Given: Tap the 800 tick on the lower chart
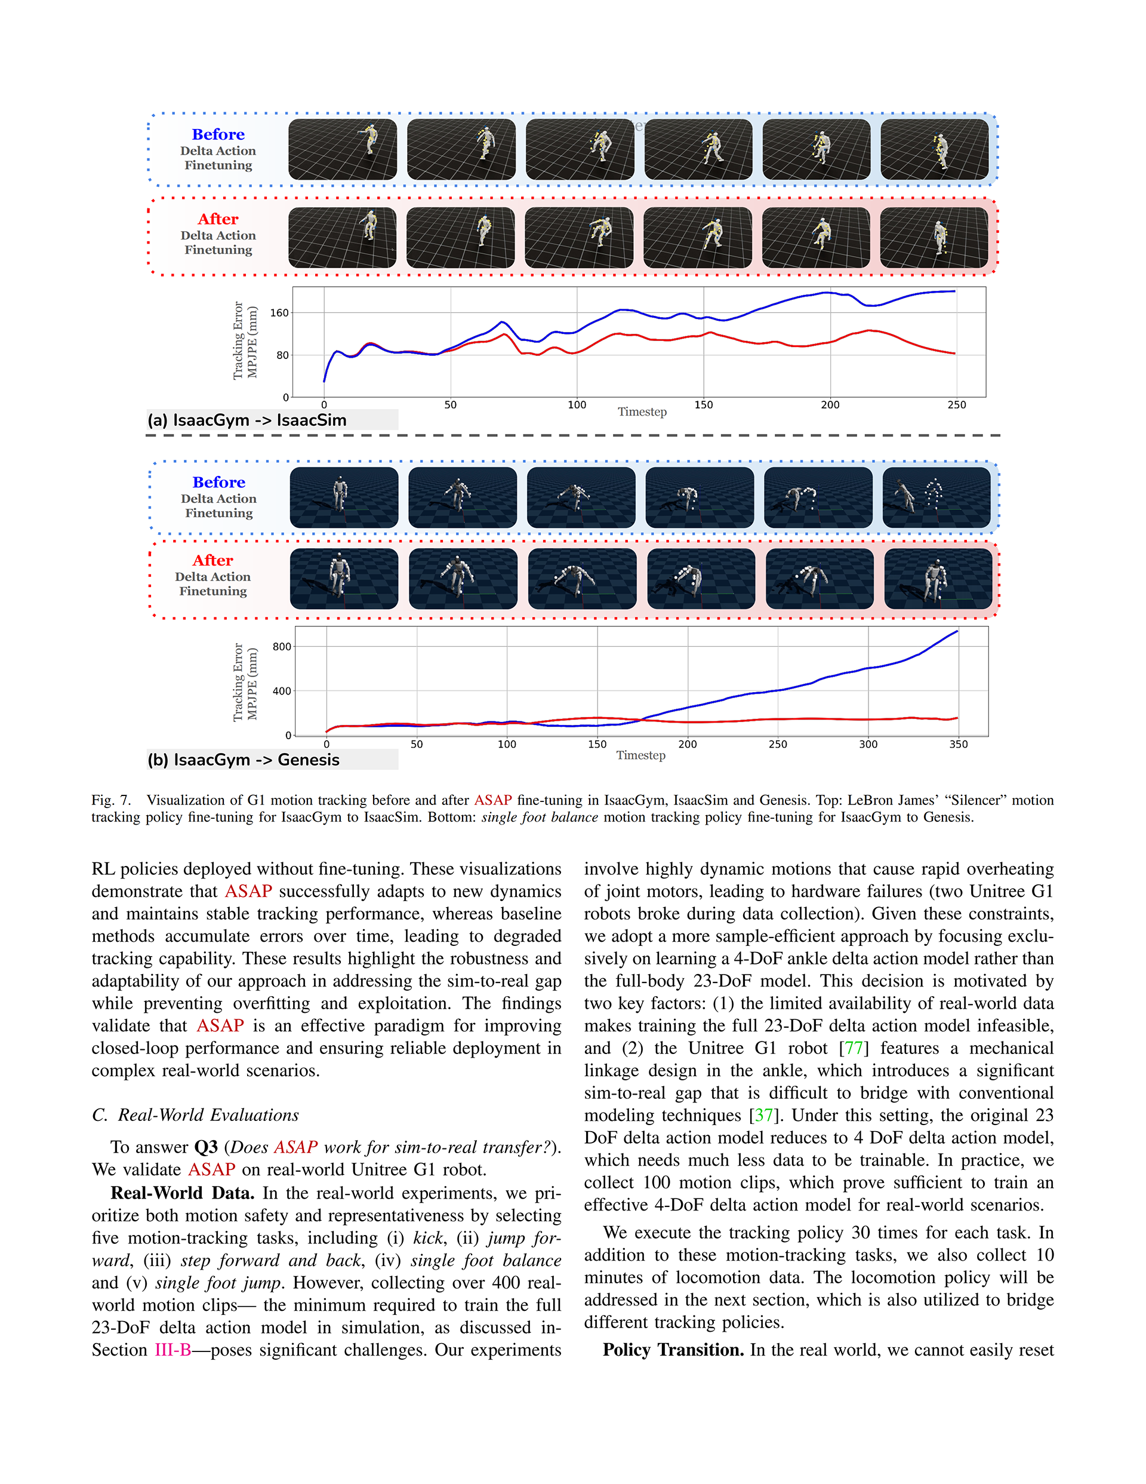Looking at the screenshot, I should (x=282, y=647).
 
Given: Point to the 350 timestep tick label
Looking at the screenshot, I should (x=958, y=744).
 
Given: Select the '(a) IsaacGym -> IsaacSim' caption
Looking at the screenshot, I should (x=247, y=420).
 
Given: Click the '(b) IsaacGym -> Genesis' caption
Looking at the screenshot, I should (x=243, y=760).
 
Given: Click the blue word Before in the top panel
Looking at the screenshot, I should (x=218, y=134).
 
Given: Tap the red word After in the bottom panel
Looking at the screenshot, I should (x=212, y=561).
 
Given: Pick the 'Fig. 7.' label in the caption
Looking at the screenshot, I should (x=111, y=800).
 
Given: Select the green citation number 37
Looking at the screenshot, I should (x=763, y=1116).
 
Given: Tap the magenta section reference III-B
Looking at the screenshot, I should (x=172, y=1350).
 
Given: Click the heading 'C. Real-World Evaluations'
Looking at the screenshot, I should (x=196, y=1116).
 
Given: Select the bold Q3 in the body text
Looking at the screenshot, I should (x=206, y=1148).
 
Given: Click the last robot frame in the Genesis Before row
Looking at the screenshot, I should (x=936, y=497).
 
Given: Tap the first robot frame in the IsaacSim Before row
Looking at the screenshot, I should (x=343, y=149).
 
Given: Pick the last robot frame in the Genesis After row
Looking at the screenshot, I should (x=938, y=579).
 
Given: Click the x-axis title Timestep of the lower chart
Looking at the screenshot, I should (x=640, y=755).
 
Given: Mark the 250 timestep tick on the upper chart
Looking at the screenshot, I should (x=956, y=405).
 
